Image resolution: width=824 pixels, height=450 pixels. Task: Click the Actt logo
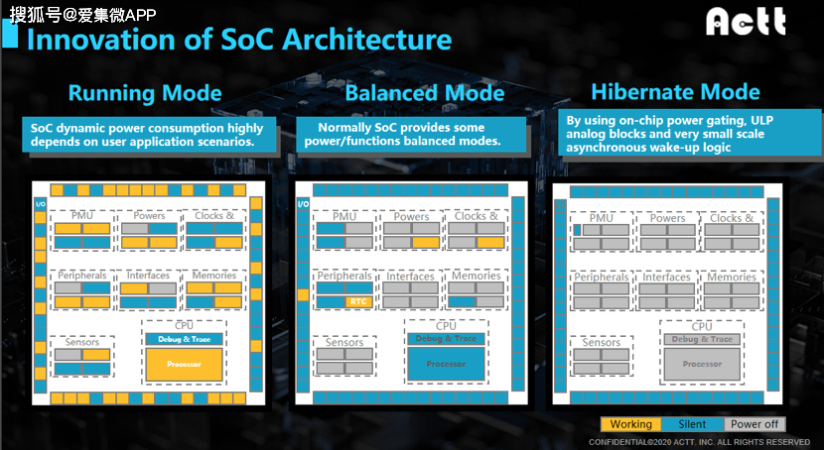(746, 22)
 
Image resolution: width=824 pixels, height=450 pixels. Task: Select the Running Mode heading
(145, 93)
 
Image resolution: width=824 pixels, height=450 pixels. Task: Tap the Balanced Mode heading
(425, 93)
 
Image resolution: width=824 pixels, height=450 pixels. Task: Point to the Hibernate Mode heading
(676, 92)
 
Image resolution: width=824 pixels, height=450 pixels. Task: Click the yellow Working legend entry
(631, 424)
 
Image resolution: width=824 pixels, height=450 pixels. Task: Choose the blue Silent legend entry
(692, 424)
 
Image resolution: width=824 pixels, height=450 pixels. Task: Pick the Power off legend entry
(755, 424)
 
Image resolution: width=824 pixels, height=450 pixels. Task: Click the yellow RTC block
(359, 301)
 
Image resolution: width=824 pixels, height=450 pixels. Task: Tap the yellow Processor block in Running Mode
(184, 364)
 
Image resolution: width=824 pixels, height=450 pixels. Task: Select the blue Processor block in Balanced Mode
(446, 364)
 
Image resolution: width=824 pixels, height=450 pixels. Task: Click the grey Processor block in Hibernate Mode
(702, 364)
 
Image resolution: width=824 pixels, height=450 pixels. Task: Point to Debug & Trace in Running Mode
(184, 339)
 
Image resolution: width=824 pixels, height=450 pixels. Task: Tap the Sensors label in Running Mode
(82, 342)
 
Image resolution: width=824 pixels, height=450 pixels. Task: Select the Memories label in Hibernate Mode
(732, 277)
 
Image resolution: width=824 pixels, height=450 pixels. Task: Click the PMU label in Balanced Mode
(344, 216)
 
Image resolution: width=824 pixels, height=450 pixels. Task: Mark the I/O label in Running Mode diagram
(41, 204)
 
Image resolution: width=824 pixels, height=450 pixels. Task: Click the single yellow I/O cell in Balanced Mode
(303, 294)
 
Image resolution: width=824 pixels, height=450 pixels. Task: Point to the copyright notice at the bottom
(699, 442)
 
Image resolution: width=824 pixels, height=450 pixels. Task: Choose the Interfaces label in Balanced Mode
(410, 276)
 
